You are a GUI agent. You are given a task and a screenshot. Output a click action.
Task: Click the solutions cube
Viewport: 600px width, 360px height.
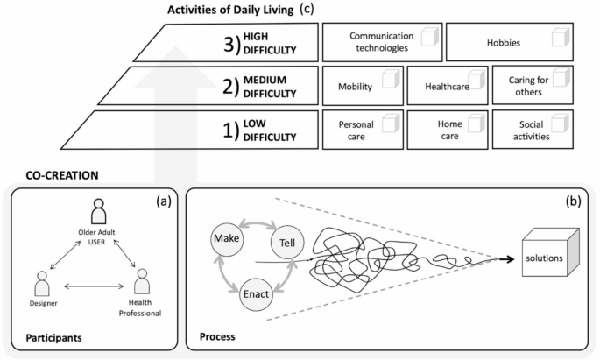click(548, 260)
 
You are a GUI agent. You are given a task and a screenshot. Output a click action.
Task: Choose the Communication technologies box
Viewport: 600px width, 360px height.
click(380, 41)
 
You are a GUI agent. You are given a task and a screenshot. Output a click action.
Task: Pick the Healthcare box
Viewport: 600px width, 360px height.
click(446, 86)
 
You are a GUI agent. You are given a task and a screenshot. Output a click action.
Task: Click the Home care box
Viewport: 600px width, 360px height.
click(446, 131)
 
